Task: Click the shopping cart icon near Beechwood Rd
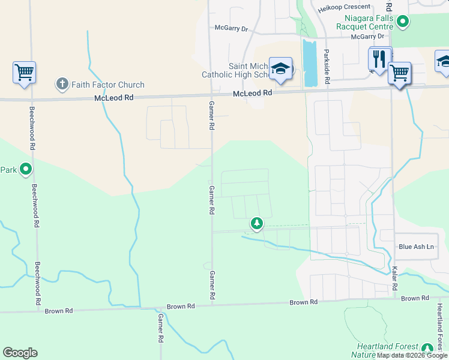point(24,73)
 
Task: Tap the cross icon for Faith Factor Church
point(62,84)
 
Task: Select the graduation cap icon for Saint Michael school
point(280,69)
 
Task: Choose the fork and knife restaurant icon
point(379,59)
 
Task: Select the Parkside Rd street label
point(327,66)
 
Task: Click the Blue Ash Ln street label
point(416,247)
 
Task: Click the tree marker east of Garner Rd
point(257,224)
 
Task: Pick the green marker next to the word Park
point(26,170)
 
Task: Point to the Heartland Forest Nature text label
point(384,350)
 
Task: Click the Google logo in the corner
point(20,353)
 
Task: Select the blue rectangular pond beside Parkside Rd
point(309,63)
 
